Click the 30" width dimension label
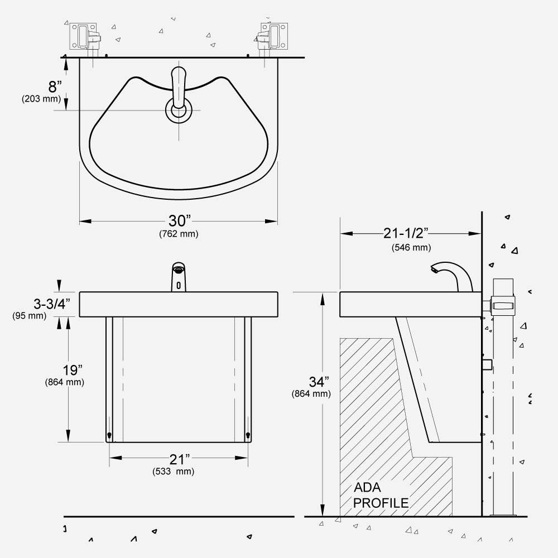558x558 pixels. click(x=179, y=221)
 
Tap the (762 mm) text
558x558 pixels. click(x=179, y=234)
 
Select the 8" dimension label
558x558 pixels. click(x=55, y=86)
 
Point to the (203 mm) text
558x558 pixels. click(x=41, y=99)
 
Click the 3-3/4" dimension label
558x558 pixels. click(x=51, y=304)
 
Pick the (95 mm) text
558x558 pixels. click(x=30, y=316)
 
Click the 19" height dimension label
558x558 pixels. click(x=73, y=370)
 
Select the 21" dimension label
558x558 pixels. click(x=179, y=459)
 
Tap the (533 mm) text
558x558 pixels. click(x=174, y=472)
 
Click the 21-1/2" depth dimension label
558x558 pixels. click(x=405, y=233)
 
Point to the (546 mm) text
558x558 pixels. click(x=411, y=247)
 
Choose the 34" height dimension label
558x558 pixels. click(x=319, y=382)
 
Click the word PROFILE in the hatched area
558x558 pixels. click(x=381, y=503)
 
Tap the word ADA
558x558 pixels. click(x=367, y=488)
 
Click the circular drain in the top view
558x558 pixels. click(x=179, y=110)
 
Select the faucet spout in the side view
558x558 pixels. click(x=451, y=277)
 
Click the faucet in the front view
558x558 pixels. click(x=179, y=277)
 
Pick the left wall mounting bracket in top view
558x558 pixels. click(x=85, y=36)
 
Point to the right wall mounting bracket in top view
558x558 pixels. click(x=272, y=36)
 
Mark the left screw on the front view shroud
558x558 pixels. click(x=109, y=435)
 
